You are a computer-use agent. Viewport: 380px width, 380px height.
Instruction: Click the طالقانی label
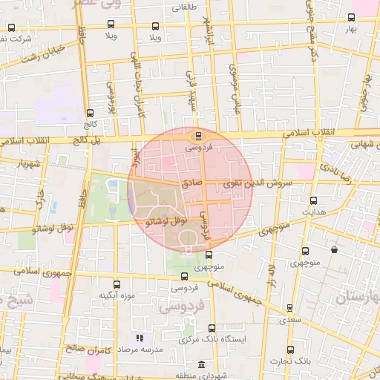click(185, 8)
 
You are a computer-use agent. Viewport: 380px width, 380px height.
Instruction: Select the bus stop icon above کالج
click(90, 114)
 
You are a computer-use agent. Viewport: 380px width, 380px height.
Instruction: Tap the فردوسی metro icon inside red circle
click(197, 135)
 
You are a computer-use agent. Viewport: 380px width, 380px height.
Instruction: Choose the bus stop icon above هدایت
click(312, 200)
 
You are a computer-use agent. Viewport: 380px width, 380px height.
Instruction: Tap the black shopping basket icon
click(335, 249)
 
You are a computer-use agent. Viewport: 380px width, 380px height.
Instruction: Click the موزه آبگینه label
click(116, 296)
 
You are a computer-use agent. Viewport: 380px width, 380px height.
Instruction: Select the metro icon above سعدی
click(289, 308)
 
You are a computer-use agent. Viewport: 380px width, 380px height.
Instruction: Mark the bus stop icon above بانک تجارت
click(289, 349)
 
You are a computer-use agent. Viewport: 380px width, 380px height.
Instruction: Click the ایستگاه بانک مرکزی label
click(212, 339)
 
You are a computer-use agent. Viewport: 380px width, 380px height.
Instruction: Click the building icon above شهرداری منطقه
click(202, 364)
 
